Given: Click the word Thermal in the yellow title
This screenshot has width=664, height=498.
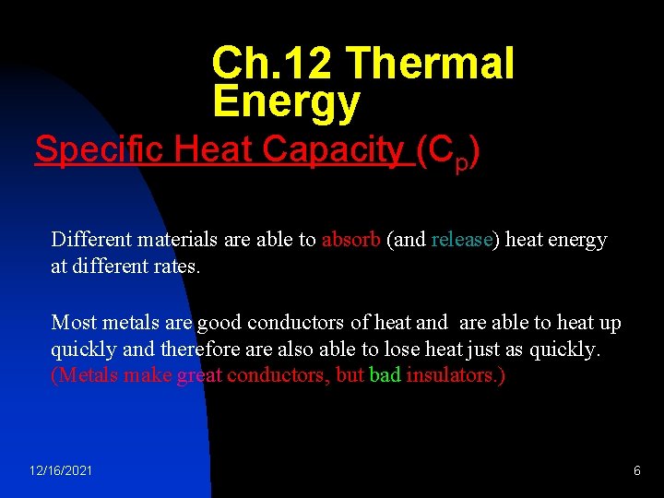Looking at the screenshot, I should (430, 64).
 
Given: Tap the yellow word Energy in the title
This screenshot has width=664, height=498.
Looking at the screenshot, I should (285, 102).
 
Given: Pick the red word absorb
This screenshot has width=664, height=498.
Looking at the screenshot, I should (351, 240).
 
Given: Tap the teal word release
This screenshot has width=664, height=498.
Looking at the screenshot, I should (461, 240).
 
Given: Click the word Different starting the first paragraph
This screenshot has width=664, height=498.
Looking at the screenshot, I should (91, 240).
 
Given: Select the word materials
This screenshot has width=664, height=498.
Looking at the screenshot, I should (174, 240).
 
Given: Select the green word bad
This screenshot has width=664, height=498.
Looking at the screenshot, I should (385, 376).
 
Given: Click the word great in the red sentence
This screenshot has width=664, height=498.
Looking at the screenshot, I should (199, 376).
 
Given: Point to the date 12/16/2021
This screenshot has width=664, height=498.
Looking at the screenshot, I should (61, 471).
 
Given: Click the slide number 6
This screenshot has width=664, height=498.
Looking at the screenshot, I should (637, 471).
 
